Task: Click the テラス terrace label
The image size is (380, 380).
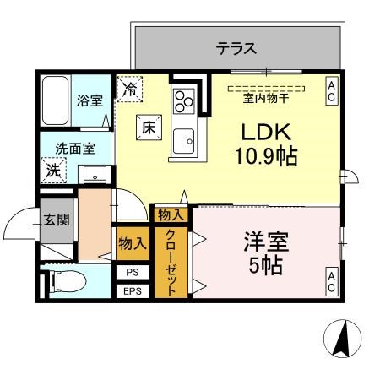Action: click(236, 48)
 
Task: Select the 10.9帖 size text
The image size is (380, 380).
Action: click(266, 157)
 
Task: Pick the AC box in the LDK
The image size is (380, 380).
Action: click(332, 91)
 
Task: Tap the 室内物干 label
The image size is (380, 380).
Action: click(265, 98)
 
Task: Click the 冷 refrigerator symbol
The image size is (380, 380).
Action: click(131, 88)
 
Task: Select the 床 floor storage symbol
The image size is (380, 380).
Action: click(148, 128)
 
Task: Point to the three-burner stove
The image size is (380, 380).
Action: click(183, 100)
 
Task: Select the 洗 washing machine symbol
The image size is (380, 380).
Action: click(52, 169)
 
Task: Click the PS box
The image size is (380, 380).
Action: click(133, 273)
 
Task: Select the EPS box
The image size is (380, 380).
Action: click(133, 291)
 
